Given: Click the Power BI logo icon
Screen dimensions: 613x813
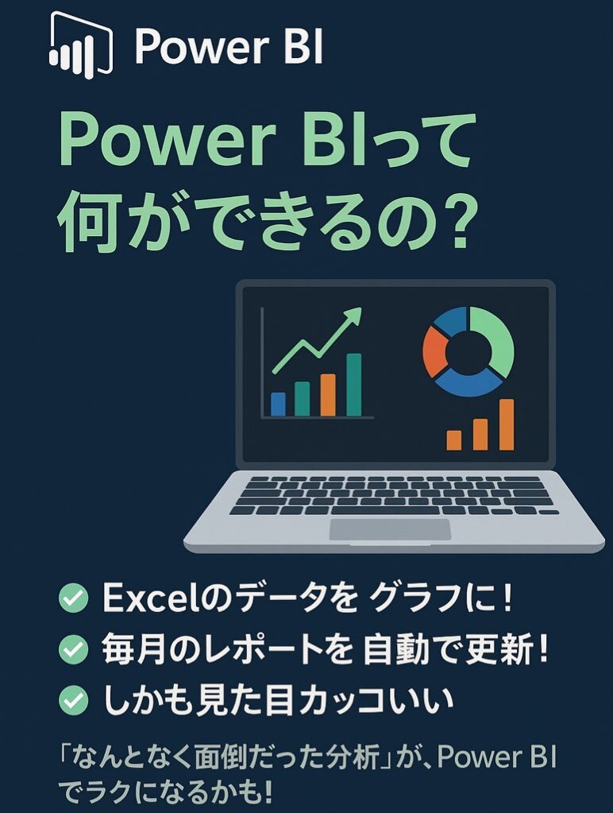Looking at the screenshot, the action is coord(80,45).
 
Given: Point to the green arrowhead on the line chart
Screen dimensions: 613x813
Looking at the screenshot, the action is coord(353,316).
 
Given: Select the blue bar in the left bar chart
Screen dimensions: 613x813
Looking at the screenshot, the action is coord(278,404).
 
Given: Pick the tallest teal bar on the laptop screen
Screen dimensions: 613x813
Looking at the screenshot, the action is coord(354,385).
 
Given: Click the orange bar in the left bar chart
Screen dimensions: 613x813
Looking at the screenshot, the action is coord(328,395).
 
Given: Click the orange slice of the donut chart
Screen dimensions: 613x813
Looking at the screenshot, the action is coord(434,351).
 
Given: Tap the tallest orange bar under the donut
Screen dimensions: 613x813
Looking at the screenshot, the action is coord(507,424).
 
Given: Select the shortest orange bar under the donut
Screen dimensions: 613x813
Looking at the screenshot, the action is coord(454,439).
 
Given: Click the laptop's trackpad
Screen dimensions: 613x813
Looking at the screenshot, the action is coord(390,529).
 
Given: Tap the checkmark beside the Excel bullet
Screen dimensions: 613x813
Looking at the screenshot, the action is coord(74,598).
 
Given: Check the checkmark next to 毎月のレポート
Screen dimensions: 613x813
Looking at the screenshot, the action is coord(74,648).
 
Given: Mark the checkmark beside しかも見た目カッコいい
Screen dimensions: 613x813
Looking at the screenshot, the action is coord(74,700).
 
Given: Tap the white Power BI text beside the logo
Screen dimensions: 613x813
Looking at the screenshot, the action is coord(229,46).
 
